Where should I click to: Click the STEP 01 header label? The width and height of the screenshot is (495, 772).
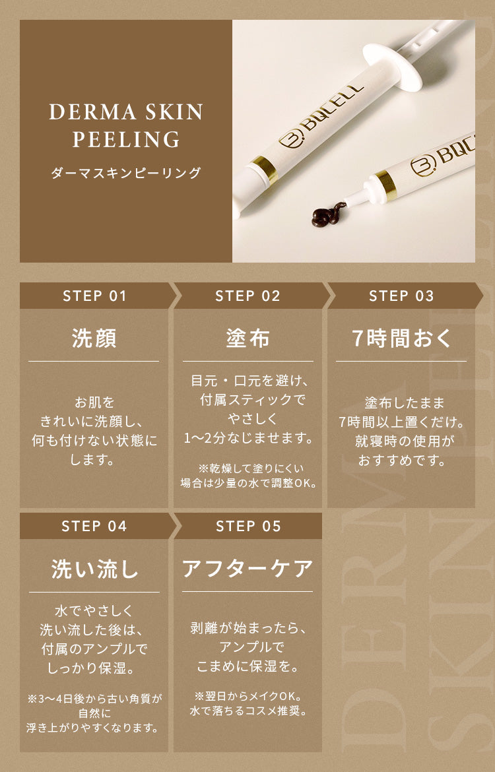(94, 296)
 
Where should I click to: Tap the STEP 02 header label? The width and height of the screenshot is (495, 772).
(247, 296)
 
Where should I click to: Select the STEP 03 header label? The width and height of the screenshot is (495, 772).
(401, 296)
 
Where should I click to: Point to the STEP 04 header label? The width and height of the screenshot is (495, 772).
(94, 526)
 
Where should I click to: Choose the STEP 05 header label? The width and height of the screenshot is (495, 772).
(248, 526)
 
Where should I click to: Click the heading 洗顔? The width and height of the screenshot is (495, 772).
(94, 338)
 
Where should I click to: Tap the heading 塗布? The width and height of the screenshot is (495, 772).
(247, 338)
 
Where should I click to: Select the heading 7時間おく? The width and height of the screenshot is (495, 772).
(401, 338)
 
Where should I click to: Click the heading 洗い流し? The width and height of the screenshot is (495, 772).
(94, 569)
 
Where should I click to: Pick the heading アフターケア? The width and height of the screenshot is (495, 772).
(247, 569)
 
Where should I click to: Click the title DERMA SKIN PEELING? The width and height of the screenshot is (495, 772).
(126, 125)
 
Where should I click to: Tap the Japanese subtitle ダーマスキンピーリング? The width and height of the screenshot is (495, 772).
(126, 174)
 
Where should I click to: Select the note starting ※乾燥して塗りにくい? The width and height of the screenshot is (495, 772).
(248, 475)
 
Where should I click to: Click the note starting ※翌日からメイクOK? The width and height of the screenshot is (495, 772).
(247, 703)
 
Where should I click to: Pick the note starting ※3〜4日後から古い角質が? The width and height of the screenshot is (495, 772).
(94, 713)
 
